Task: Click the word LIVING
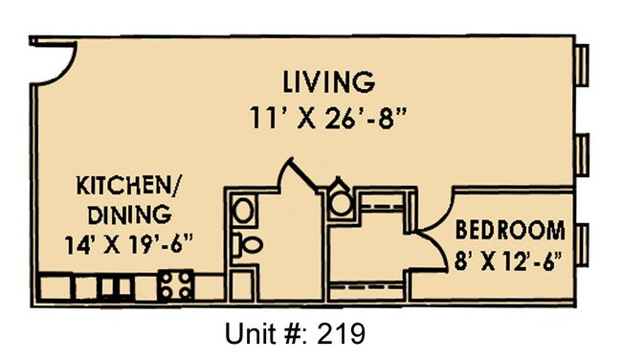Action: click(x=328, y=79)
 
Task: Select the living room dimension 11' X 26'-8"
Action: click(x=328, y=119)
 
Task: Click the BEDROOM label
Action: click(x=509, y=230)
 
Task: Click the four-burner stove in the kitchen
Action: click(x=177, y=284)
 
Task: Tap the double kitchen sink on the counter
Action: click(x=115, y=286)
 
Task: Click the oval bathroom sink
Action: click(x=244, y=210)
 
